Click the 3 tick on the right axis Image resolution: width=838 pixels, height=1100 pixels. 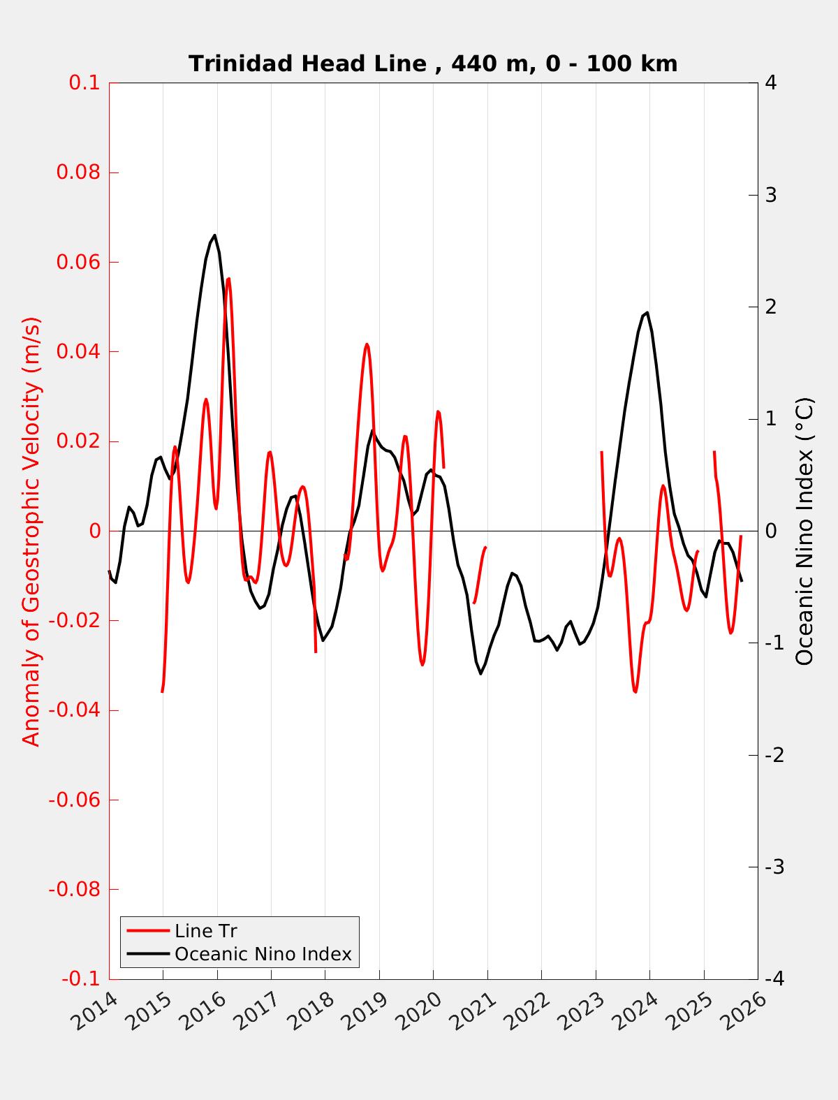(771, 195)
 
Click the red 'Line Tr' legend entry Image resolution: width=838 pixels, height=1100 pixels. (205, 931)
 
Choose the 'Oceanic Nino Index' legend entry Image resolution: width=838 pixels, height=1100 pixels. (263, 953)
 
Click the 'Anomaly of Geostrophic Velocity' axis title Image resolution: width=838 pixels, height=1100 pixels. (32, 531)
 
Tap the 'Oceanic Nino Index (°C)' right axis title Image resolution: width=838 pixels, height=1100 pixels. (805, 531)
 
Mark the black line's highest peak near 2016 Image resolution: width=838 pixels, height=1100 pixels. (214, 235)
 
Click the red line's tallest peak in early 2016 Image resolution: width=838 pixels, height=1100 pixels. (228, 279)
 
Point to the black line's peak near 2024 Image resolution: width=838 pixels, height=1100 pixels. (647, 312)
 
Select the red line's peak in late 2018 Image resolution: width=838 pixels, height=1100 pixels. (367, 344)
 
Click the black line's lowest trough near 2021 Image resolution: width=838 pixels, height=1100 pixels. (480, 673)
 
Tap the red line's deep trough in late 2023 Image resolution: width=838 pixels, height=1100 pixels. (635, 691)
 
